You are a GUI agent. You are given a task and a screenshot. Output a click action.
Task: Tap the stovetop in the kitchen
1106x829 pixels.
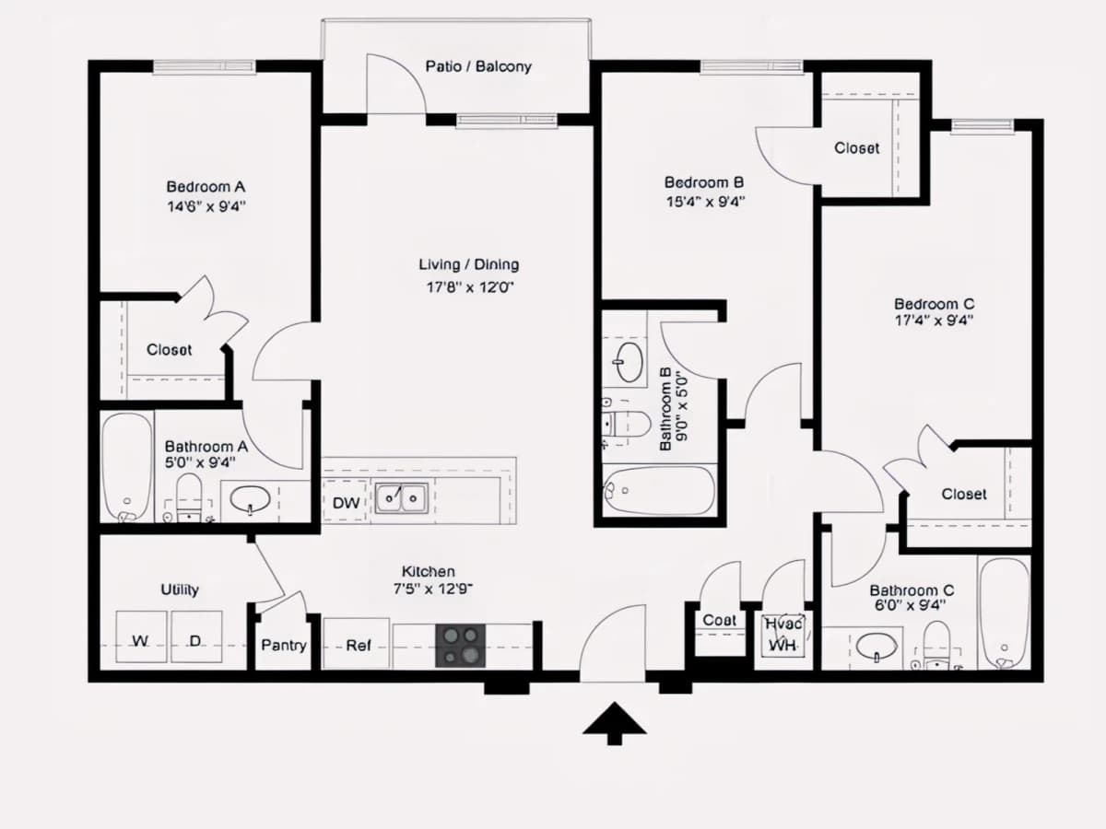[461, 646]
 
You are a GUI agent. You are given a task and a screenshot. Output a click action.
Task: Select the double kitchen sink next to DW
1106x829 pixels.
[401, 498]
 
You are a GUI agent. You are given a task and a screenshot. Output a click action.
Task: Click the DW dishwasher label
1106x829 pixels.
[347, 503]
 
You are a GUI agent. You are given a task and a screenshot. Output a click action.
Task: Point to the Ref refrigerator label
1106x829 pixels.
[359, 646]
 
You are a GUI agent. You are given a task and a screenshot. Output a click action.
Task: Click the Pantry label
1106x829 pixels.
[284, 646]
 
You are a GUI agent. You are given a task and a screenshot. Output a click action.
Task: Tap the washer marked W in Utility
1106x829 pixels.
[141, 636]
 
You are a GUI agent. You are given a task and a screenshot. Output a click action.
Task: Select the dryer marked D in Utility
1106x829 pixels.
[196, 636]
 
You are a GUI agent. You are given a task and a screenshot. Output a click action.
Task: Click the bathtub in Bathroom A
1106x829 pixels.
[127, 468]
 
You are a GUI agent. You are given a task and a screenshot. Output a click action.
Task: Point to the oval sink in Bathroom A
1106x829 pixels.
[250, 499]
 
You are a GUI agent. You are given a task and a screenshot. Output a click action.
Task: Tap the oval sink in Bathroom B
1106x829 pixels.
[628, 362]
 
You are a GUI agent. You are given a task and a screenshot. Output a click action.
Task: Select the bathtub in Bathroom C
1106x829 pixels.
[1005, 613]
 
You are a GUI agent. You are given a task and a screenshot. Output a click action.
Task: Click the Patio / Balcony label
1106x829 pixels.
[478, 66]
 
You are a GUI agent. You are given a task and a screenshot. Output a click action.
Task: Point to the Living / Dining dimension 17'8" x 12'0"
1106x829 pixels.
[470, 287]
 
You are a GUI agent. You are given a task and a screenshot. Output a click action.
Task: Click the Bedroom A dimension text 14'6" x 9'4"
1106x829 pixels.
[206, 206]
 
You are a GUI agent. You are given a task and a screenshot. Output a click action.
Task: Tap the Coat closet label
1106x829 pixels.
[719, 620]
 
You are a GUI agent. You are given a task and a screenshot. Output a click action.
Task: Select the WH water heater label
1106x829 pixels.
[782, 645]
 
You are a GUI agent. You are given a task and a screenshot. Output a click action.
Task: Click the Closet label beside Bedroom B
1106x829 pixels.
[856, 148]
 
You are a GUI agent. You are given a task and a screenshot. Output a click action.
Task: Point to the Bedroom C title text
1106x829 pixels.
[935, 304]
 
